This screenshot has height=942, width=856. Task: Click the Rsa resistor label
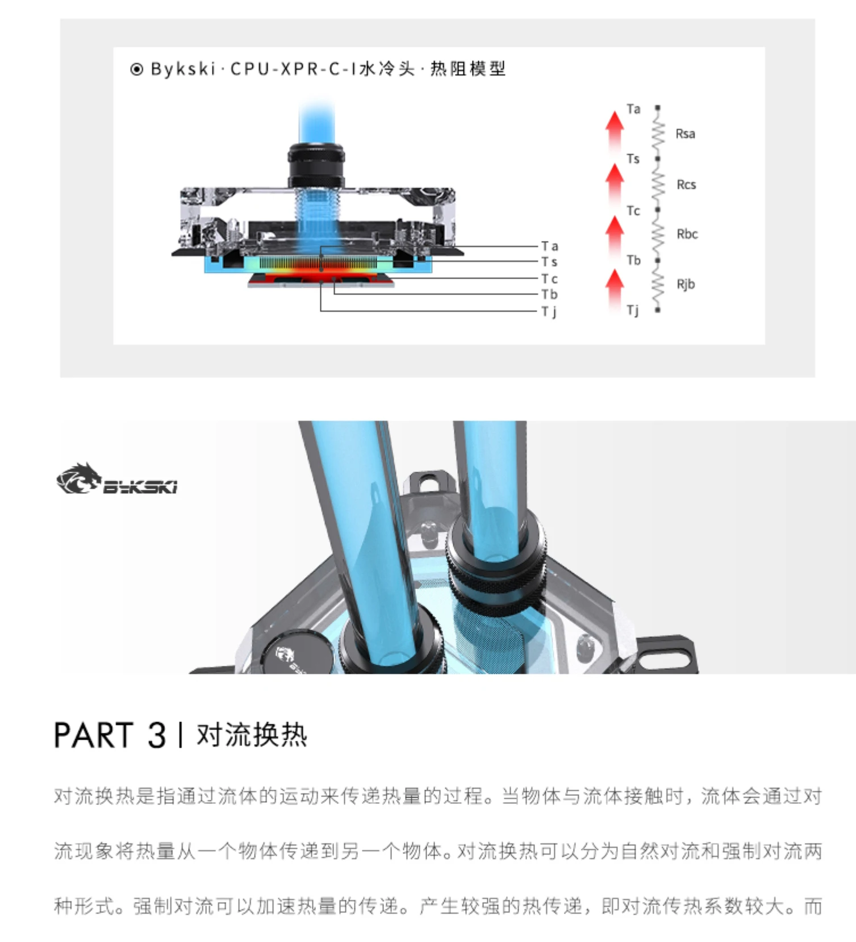685,134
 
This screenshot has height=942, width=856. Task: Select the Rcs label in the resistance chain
686,185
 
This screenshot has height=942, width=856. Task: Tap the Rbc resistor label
687,234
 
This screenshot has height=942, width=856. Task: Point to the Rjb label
686,285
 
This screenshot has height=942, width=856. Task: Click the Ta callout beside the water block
549,246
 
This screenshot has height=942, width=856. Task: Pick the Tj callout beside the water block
548,312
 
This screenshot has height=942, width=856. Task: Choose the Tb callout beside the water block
549,294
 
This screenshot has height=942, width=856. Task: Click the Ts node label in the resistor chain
633,159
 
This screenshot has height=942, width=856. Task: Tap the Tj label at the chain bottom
632,310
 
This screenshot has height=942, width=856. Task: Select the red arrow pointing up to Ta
614,131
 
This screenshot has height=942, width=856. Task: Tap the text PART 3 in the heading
110,735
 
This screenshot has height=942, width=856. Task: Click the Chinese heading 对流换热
252,735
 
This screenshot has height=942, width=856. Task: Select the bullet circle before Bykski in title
136,69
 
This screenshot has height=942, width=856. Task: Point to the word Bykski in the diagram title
183,69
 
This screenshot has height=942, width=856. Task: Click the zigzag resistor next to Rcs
658,184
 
